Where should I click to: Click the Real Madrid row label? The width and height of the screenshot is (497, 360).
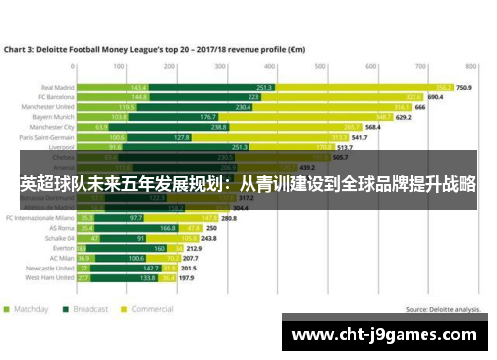[x=55, y=87]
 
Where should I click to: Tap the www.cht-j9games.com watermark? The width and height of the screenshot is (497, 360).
[x=389, y=335]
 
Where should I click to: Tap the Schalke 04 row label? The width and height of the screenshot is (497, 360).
[x=55, y=239]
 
